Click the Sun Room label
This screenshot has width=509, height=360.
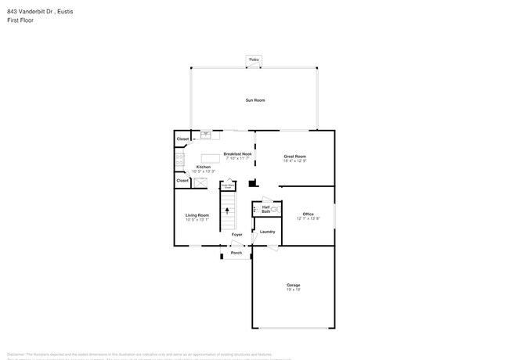coord(254,100)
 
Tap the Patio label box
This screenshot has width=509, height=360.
coord(254,59)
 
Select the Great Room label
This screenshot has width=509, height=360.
coord(294,157)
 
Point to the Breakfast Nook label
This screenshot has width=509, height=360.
coord(237,154)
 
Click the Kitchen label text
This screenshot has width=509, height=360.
coord(204,167)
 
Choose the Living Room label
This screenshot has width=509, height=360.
coord(197,215)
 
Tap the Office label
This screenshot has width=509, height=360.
coord(308,214)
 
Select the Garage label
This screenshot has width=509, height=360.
coord(293,285)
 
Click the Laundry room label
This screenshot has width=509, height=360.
coord(267,232)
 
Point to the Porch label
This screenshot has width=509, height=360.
coord(236,253)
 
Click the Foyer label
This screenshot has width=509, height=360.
coord(236,235)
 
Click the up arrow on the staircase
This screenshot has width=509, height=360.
coord(228,211)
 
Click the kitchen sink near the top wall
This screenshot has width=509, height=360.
coord(207,135)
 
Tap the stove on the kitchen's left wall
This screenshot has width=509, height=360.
coord(179,160)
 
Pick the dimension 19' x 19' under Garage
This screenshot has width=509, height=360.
coord(293,290)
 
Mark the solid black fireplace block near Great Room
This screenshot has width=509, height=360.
coord(252,184)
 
